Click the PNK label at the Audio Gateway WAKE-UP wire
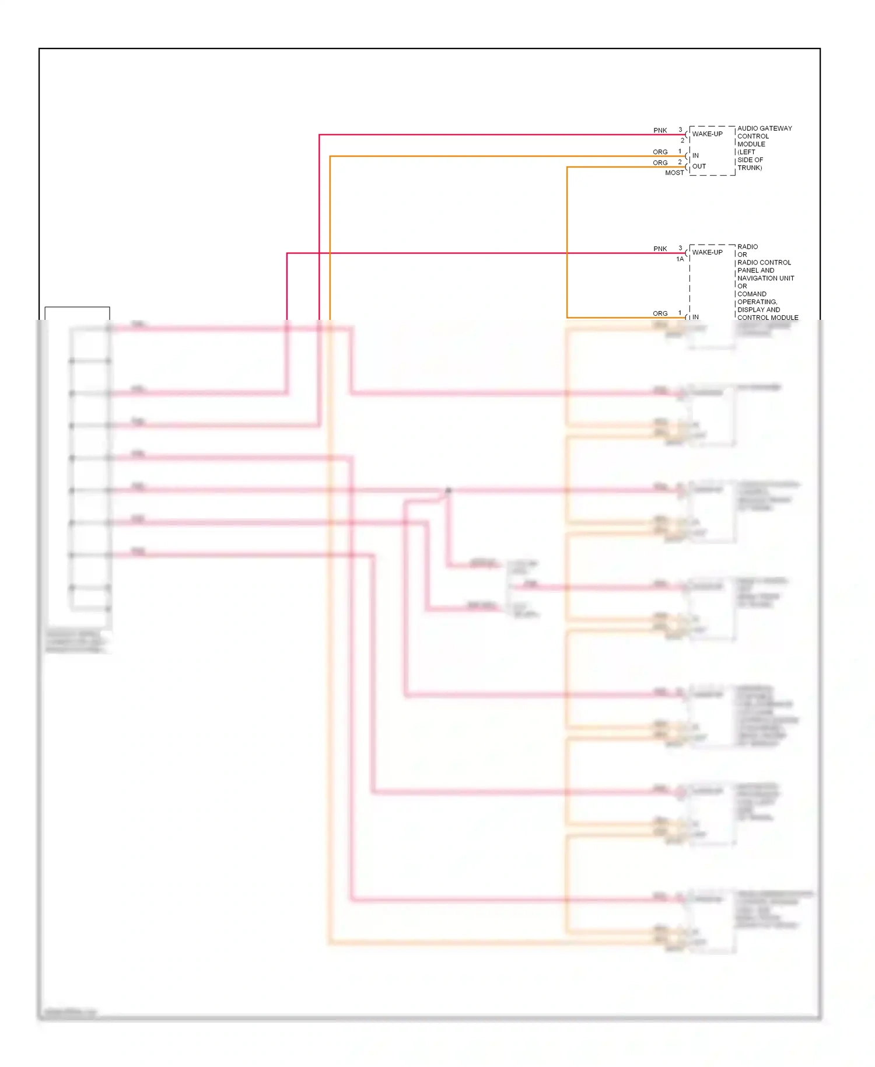point(660,130)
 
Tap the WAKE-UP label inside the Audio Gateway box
point(707,134)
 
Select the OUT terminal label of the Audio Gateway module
point(699,166)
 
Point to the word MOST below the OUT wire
point(674,173)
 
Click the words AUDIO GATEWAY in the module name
point(764,128)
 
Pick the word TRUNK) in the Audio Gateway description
point(750,168)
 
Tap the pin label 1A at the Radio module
point(680,259)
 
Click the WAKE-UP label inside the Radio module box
point(707,252)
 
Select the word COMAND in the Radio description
point(752,294)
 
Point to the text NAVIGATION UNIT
point(765,278)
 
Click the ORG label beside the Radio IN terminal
point(660,313)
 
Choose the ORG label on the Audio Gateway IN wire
point(660,152)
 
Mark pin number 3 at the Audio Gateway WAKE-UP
point(680,130)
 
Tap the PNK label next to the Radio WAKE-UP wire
point(660,249)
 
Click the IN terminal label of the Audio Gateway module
point(695,156)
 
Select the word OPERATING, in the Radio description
point(757,302)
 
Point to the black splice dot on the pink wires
point(448,490)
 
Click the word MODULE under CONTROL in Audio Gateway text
point(751,144)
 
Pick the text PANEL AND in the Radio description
point(755,271)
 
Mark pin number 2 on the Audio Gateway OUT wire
point(680,162)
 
